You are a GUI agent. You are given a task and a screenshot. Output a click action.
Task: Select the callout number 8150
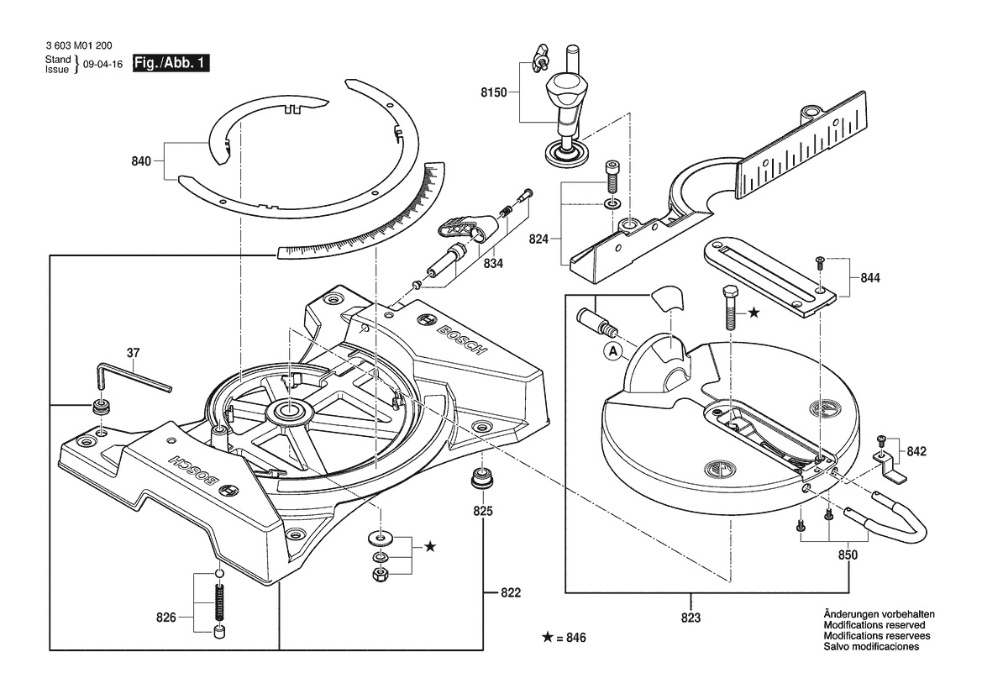tap(493, 92)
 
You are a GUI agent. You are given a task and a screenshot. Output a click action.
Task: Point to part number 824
tap(539, 239)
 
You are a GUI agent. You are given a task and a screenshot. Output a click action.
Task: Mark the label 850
tap(848, 555)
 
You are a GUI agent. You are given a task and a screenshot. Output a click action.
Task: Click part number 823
tap(691, 618)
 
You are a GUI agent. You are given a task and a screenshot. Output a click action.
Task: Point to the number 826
tap(166, 618)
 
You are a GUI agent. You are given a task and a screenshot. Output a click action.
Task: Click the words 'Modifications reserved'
tap(874, 626)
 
